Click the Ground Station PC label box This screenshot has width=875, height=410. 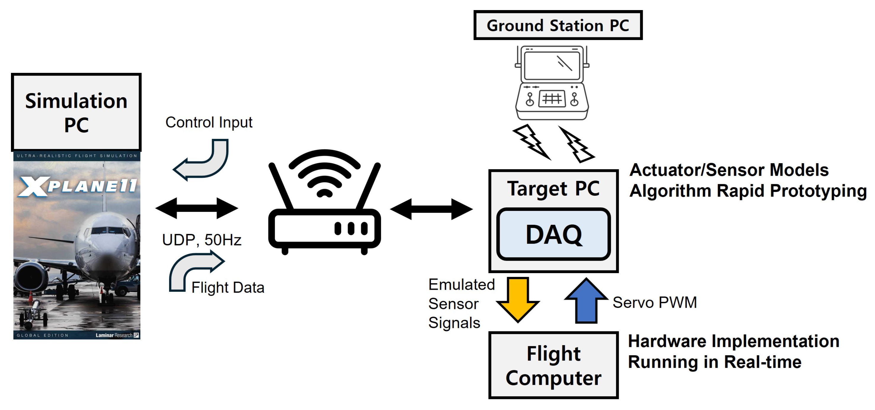point(558,25)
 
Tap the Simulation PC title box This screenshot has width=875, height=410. point(76,112)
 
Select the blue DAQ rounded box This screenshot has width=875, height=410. point(553,234)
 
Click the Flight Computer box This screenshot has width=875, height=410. point(553,365)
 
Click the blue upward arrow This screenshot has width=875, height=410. point(586,301)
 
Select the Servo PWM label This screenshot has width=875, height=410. point(655,302)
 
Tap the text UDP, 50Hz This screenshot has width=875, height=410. point(201,240)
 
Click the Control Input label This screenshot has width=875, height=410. point(209,122)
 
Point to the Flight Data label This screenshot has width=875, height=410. point(227,287)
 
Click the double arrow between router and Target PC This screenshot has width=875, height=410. point(431,209)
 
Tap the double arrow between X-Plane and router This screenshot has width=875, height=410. point(196,208)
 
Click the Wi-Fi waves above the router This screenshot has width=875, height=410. point(324,173)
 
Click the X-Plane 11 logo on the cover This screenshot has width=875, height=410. point(77,186)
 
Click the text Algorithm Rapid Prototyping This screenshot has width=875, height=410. point(747,190)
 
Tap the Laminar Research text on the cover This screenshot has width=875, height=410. point(114,335)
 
